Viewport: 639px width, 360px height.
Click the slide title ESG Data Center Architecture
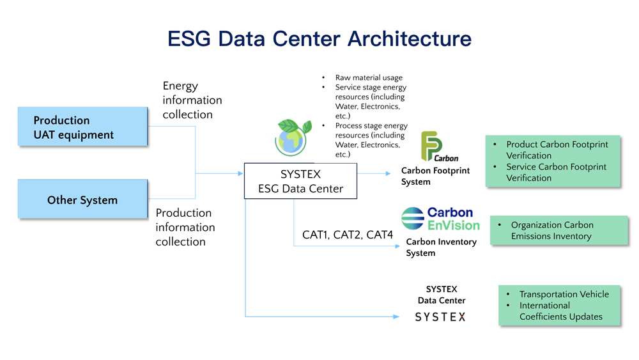tap(319, 38)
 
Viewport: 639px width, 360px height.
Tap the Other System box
tap(82, 200)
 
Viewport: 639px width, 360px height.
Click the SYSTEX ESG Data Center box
tap(300, 181)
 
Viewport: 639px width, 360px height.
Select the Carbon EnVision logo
tap(440, 219)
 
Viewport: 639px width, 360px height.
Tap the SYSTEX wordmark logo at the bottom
tap(440, 317)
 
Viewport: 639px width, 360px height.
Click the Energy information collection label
tap(192, 100)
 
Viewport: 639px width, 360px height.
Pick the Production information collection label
tap(185, 227)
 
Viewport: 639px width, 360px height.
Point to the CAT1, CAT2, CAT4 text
tap(347, 235)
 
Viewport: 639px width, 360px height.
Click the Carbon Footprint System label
tap(435, 176)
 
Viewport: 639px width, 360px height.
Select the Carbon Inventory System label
tap(441, 247)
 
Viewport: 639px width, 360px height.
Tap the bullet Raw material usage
tap(369, 78)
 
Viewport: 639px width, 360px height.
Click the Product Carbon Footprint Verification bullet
tap(556, 150)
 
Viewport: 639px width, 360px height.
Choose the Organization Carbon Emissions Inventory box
tap(559, 230)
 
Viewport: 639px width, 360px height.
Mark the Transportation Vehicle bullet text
tap(564, 294)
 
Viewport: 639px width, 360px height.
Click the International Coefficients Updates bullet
tap(560, 311)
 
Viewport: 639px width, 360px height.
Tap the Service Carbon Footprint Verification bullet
tap(556, 172)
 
